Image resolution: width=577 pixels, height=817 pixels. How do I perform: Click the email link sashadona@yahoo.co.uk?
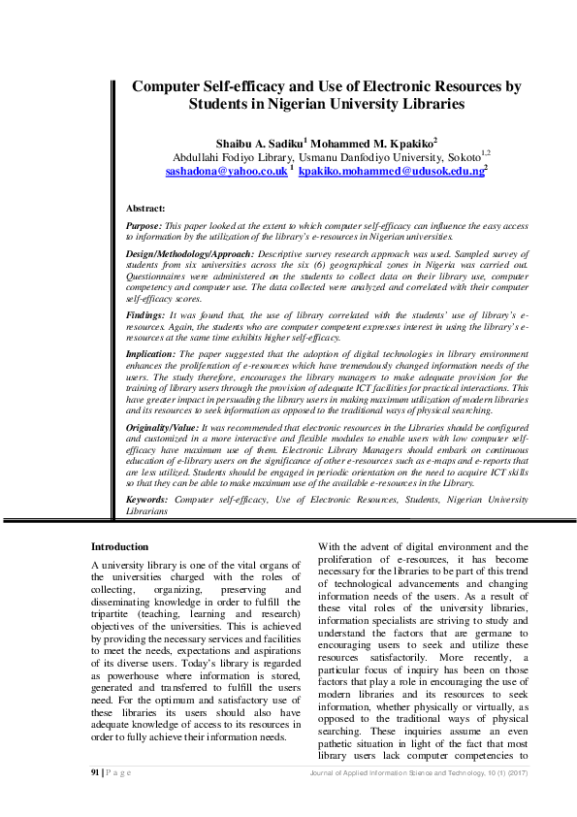click(x=226, y=171)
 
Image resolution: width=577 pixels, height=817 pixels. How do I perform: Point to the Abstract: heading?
click(x=145, y=209)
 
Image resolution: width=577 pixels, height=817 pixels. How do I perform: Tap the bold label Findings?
click(x=146, y=316)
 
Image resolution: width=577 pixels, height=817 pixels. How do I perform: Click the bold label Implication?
click(x=151, y=355)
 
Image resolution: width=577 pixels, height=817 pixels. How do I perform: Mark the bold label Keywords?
click(x=147, y=499)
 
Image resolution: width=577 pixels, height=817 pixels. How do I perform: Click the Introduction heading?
click(x=119, y=547)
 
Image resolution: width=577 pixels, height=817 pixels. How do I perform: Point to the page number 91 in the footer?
click(x=95, y=771)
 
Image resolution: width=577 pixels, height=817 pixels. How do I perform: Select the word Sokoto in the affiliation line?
click(x=462, y=156)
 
